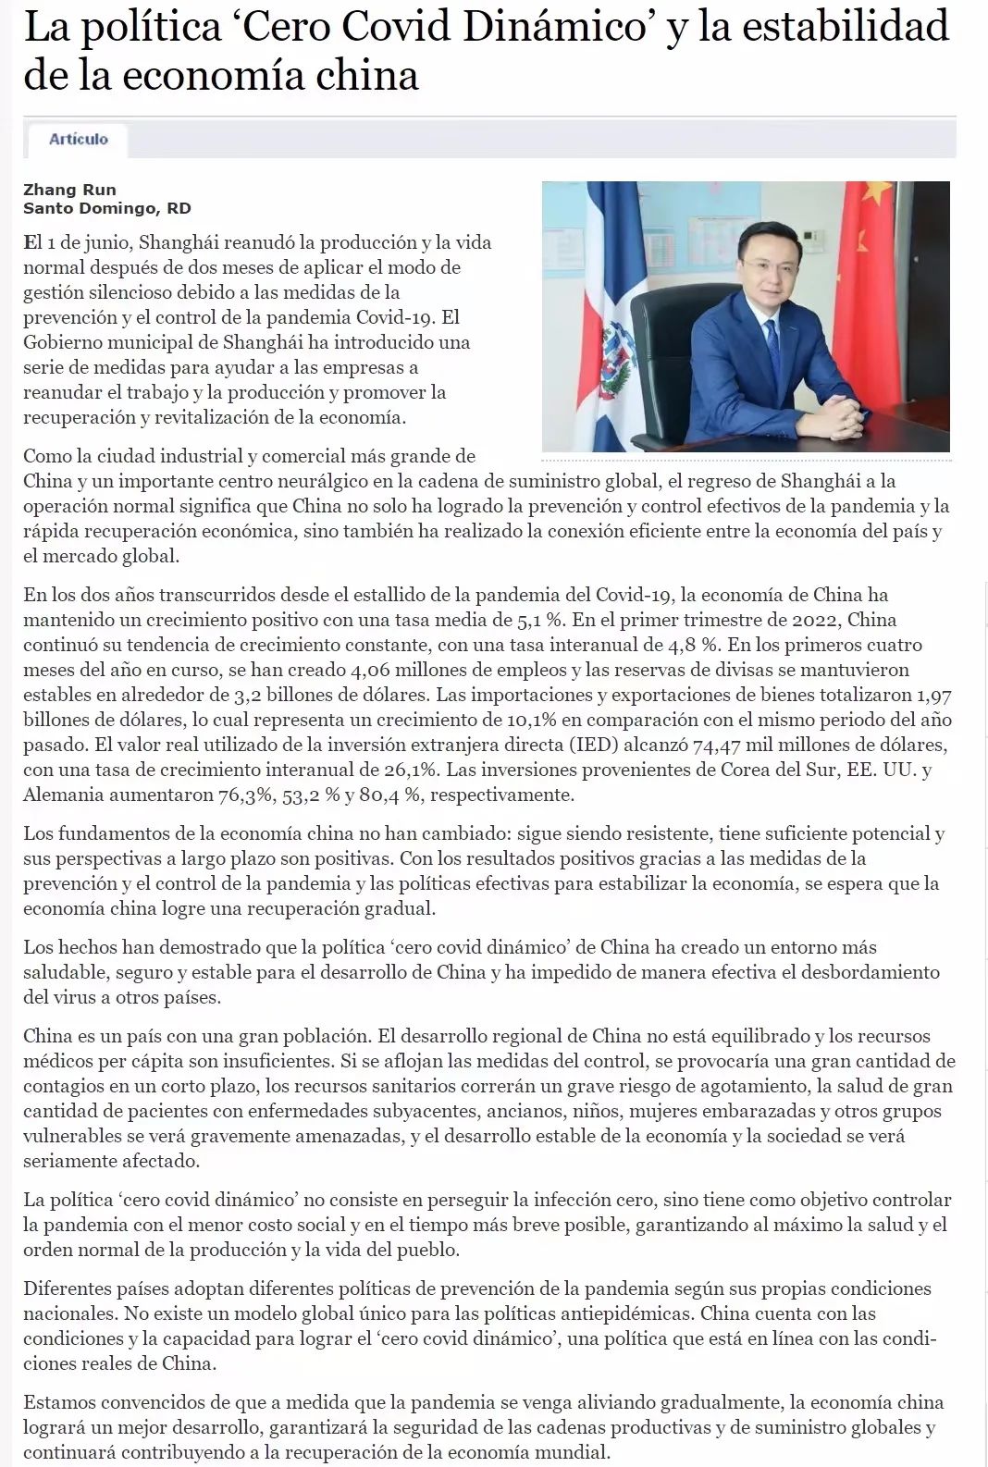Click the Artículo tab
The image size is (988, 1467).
pos(79,139)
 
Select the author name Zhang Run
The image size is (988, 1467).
pos(69,190)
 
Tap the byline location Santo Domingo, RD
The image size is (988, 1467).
pos(106,208)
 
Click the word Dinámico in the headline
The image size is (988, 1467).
pos(553,26)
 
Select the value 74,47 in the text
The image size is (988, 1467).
pos(718,745)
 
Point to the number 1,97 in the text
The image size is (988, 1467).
pos(932,695)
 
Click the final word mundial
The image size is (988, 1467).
pos(574,1452)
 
